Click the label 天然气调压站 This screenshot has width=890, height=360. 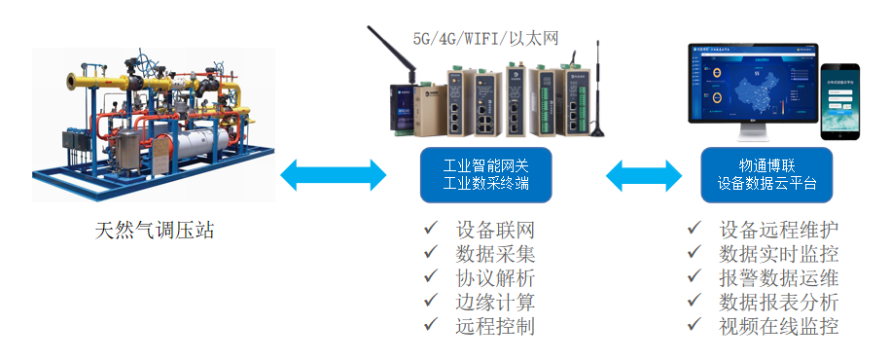pos(154,232)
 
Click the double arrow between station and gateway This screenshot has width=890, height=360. pos(334,176)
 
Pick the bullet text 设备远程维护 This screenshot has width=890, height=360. pos(779,231)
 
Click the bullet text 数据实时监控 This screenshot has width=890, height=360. pos(779,254)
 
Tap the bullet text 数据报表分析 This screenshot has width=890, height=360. pos(779,302)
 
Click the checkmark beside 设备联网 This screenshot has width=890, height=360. pos(431,230)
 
